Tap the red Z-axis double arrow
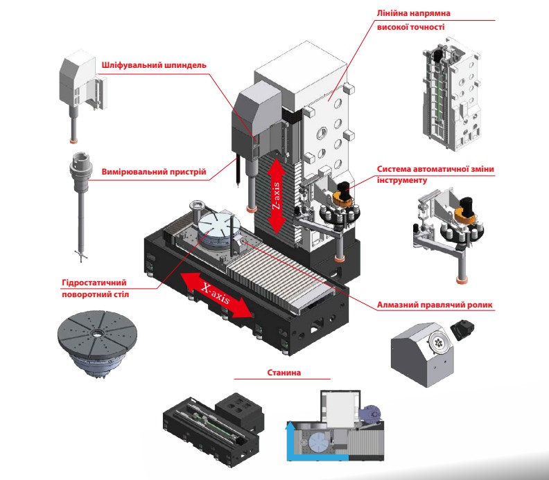[276, 195]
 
